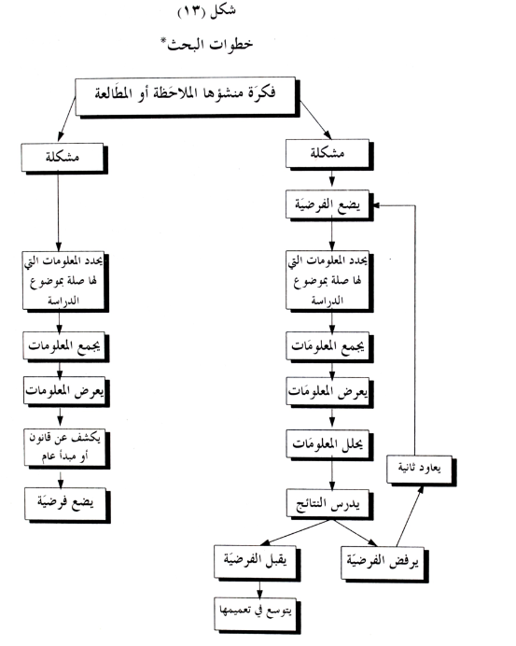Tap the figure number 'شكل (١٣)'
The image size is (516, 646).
(x=207, y=11)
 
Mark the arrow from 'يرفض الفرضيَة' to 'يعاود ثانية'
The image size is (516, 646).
(x=410, y=516)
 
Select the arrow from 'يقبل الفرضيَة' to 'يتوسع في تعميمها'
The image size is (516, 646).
(x=259, y=589)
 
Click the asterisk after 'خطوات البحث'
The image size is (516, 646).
(x=163, y=40)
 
